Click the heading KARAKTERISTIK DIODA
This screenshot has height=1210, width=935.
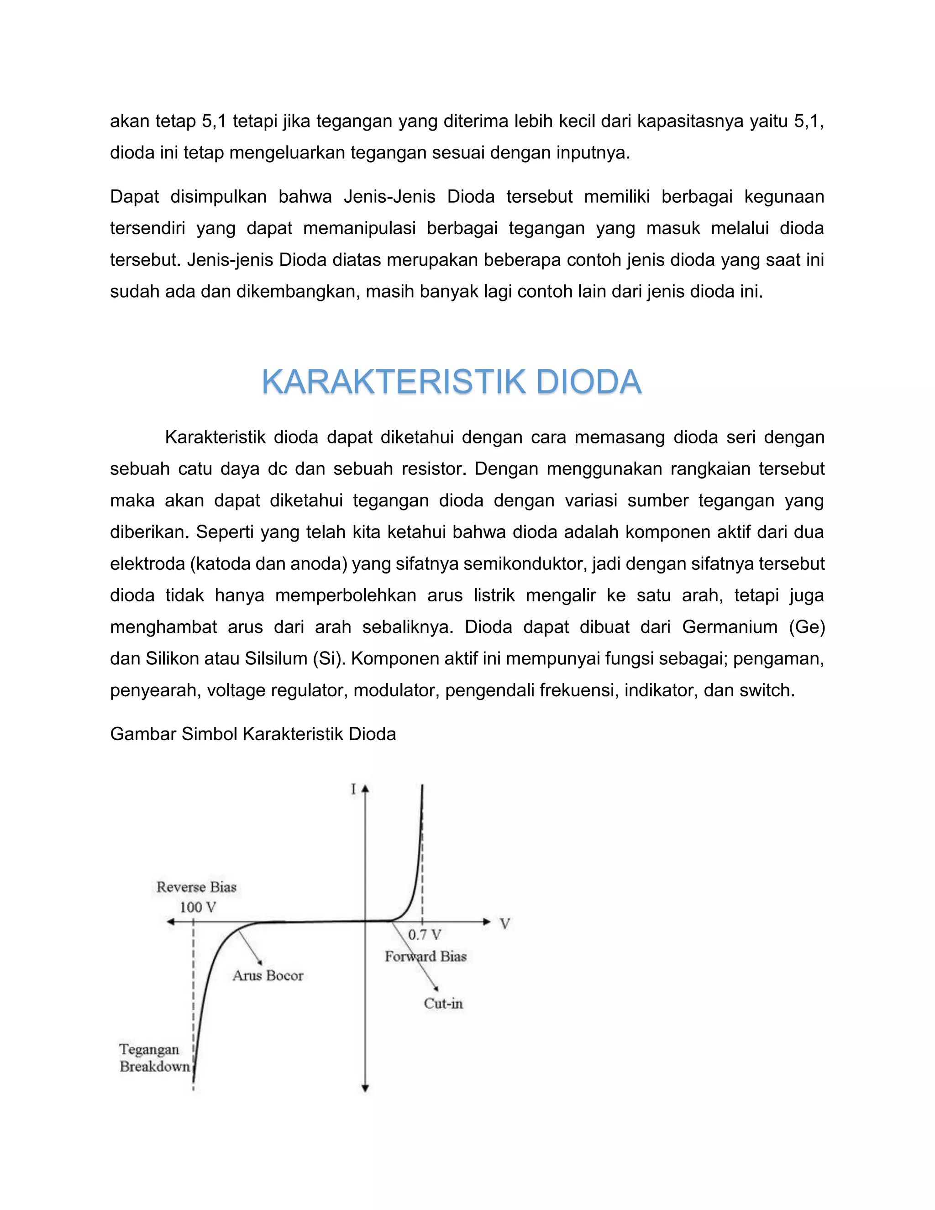click(452, 382)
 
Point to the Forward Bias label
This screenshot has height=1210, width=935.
click(425, 956)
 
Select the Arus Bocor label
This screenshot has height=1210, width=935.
click(268, 976)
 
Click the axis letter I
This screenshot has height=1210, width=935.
click(353, 789)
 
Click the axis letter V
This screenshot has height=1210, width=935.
click(504, 924)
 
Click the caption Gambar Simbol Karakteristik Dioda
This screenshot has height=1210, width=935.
click(252, 734)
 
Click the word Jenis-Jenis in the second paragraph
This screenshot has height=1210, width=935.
click(389, 197)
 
